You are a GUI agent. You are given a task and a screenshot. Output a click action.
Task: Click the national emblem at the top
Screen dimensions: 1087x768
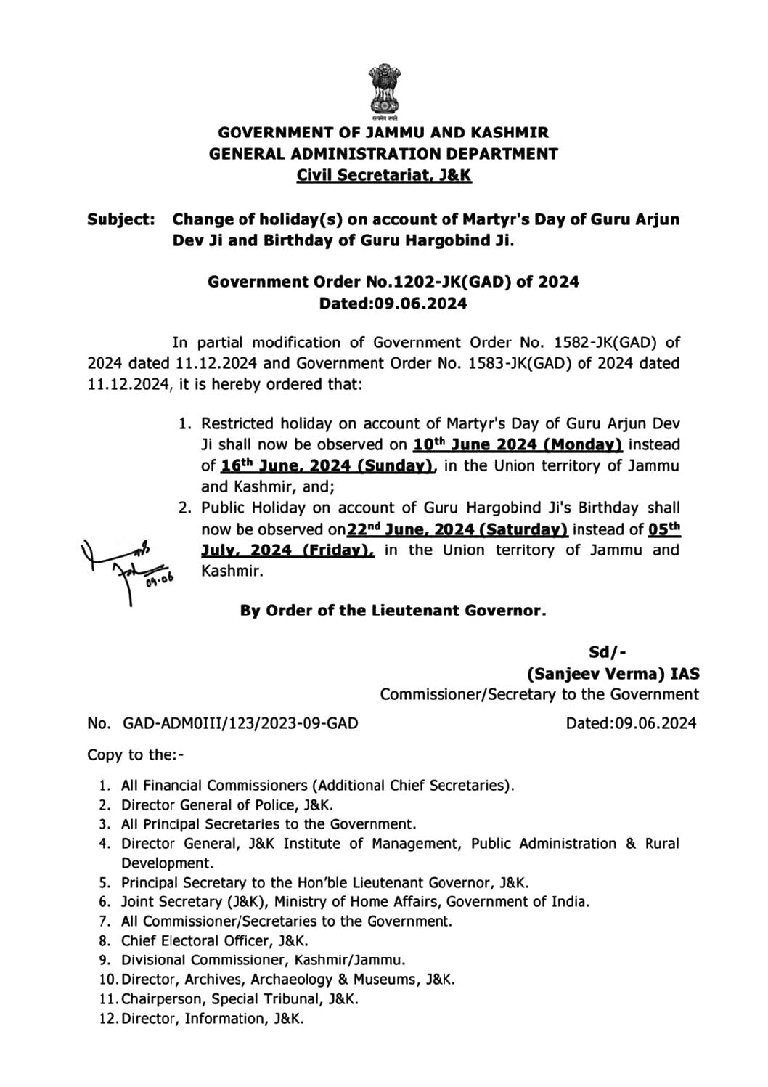coord(383,90)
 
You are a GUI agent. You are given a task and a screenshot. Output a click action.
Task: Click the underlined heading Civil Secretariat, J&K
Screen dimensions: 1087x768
coord(384,175)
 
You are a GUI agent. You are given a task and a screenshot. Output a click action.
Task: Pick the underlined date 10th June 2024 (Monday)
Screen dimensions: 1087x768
coord(518,444)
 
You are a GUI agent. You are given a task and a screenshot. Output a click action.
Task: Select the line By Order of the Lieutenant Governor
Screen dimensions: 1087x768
coord(393,611)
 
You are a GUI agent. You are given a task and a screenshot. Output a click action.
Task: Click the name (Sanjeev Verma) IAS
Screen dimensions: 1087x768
coord(613,673)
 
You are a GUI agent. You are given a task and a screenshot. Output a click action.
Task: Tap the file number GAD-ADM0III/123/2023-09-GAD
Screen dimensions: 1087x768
coord(240,723)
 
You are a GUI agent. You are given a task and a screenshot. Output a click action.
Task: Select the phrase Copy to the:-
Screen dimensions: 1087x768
coord(136,754)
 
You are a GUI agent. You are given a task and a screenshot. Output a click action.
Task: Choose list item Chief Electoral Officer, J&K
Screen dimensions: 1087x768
coord(215,941)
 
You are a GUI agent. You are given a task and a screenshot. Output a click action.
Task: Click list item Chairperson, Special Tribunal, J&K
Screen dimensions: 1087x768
coord(240,999)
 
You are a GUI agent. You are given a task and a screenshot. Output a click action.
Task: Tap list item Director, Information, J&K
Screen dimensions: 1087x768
coord(213,1019)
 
